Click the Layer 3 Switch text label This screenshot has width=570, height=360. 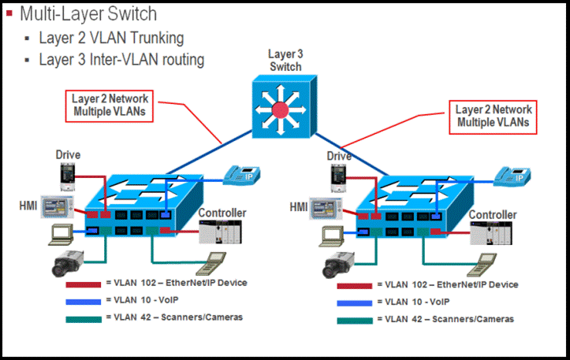click(285, 61)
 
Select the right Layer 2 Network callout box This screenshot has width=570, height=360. click(494, 116)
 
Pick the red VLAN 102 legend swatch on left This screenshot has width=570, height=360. click(83, 283)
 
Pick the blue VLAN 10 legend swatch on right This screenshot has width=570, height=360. click(354, 302)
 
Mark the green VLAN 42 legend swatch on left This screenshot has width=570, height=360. click(83, 318)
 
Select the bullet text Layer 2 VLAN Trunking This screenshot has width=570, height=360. click(111, 38)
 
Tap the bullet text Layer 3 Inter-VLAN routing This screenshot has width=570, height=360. click(121, 59)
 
